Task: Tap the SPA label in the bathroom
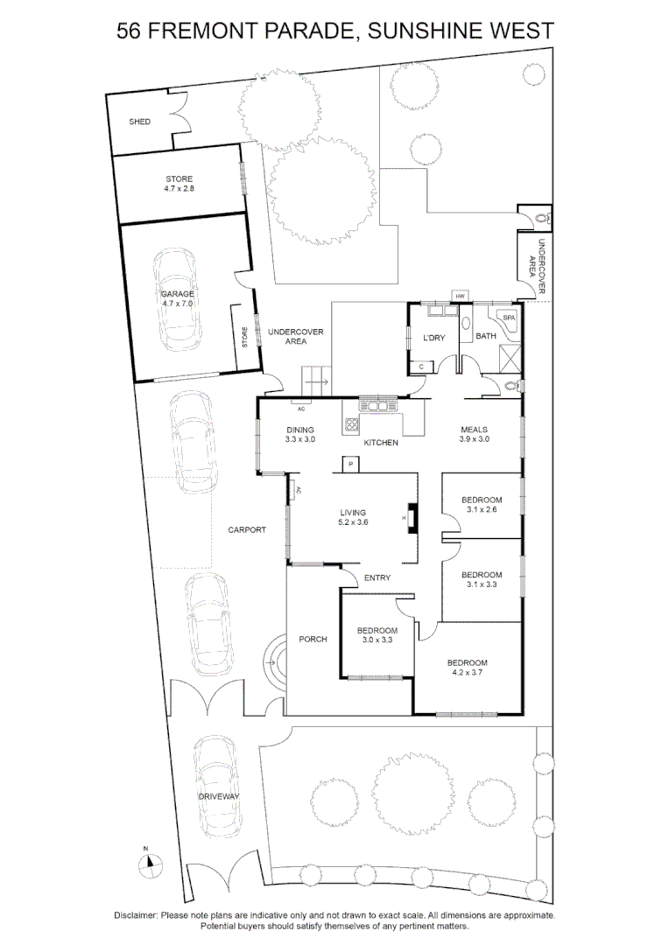pos(507,317)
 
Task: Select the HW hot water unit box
pos(459,297)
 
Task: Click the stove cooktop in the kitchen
pos(352,425)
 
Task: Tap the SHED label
pos(139,122)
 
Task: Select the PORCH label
pos(313,639)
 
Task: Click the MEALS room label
pos(474,430)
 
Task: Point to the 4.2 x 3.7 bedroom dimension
pos(467,673)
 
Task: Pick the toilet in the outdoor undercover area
pos(540,215)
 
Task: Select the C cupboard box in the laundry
pos(422,367)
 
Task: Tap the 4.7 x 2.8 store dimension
pos(179,188)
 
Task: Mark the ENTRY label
pos(377,577)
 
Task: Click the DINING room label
pos(299,430)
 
